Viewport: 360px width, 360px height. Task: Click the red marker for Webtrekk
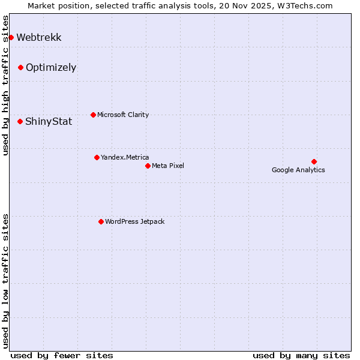coord(11,37)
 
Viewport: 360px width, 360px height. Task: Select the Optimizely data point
coord(20,67)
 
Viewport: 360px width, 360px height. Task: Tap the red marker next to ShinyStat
coord(20,121)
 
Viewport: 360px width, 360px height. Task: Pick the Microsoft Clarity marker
coord(93,115)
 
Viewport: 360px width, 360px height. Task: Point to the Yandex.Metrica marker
coord(97,157)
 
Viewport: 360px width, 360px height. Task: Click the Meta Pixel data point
coord(148,166)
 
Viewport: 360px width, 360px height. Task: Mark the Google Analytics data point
coord(314,161)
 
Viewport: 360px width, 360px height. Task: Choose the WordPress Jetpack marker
coord(101,221)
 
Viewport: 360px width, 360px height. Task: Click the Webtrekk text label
coord(39,37)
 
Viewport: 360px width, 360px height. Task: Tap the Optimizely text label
coord(51,67)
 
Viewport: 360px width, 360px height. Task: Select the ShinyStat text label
coord(49,121)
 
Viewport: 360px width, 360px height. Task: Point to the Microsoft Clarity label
coord(123,115)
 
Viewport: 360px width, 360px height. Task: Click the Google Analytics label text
coord(298,170)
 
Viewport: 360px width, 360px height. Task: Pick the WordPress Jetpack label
coord(134,221)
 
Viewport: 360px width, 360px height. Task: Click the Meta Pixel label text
coord(168,166)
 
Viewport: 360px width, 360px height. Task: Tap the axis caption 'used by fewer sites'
coord(62,355)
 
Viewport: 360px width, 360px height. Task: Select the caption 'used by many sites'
coord(301,355)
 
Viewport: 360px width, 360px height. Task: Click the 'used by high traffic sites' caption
coord(6,85)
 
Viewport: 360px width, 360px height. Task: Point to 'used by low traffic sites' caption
coord(6,281)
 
